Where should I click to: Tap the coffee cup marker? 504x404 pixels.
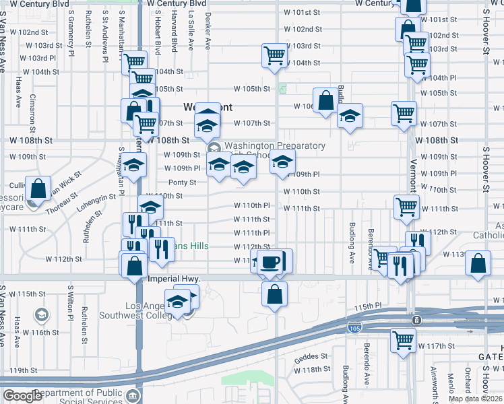pos(271,261)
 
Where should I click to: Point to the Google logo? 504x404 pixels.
pos(22,396)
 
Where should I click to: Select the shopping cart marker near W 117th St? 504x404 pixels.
pos(403,339)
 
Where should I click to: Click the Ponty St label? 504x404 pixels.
pos(182,182)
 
